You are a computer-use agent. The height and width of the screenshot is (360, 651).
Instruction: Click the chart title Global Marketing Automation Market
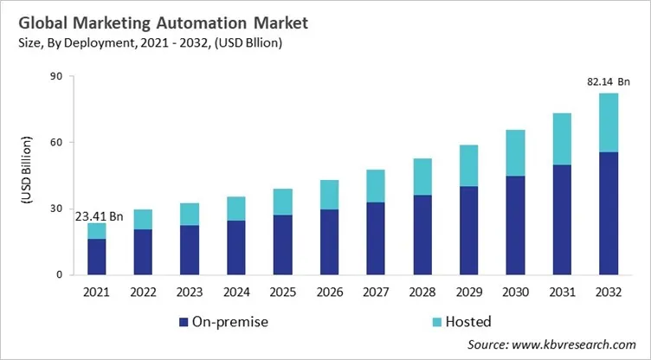[155, 19]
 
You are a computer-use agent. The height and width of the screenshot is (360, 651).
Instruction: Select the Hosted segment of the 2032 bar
[608, 122]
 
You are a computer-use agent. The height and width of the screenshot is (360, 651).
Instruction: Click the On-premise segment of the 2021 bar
[98, 257]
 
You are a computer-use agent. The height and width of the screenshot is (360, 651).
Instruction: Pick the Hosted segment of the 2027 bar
[376, 186]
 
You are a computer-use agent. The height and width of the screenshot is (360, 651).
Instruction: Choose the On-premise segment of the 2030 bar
[515, 225]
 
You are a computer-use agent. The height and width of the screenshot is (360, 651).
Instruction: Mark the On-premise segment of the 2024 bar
[236, 247]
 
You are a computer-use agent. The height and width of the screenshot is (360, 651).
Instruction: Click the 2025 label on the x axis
[283, 291]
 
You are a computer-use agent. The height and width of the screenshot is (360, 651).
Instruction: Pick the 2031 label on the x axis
[561, 291]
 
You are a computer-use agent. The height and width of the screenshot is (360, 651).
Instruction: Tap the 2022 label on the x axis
[144, 291]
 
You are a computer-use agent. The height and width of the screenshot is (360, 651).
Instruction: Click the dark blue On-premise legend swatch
[184, 323]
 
